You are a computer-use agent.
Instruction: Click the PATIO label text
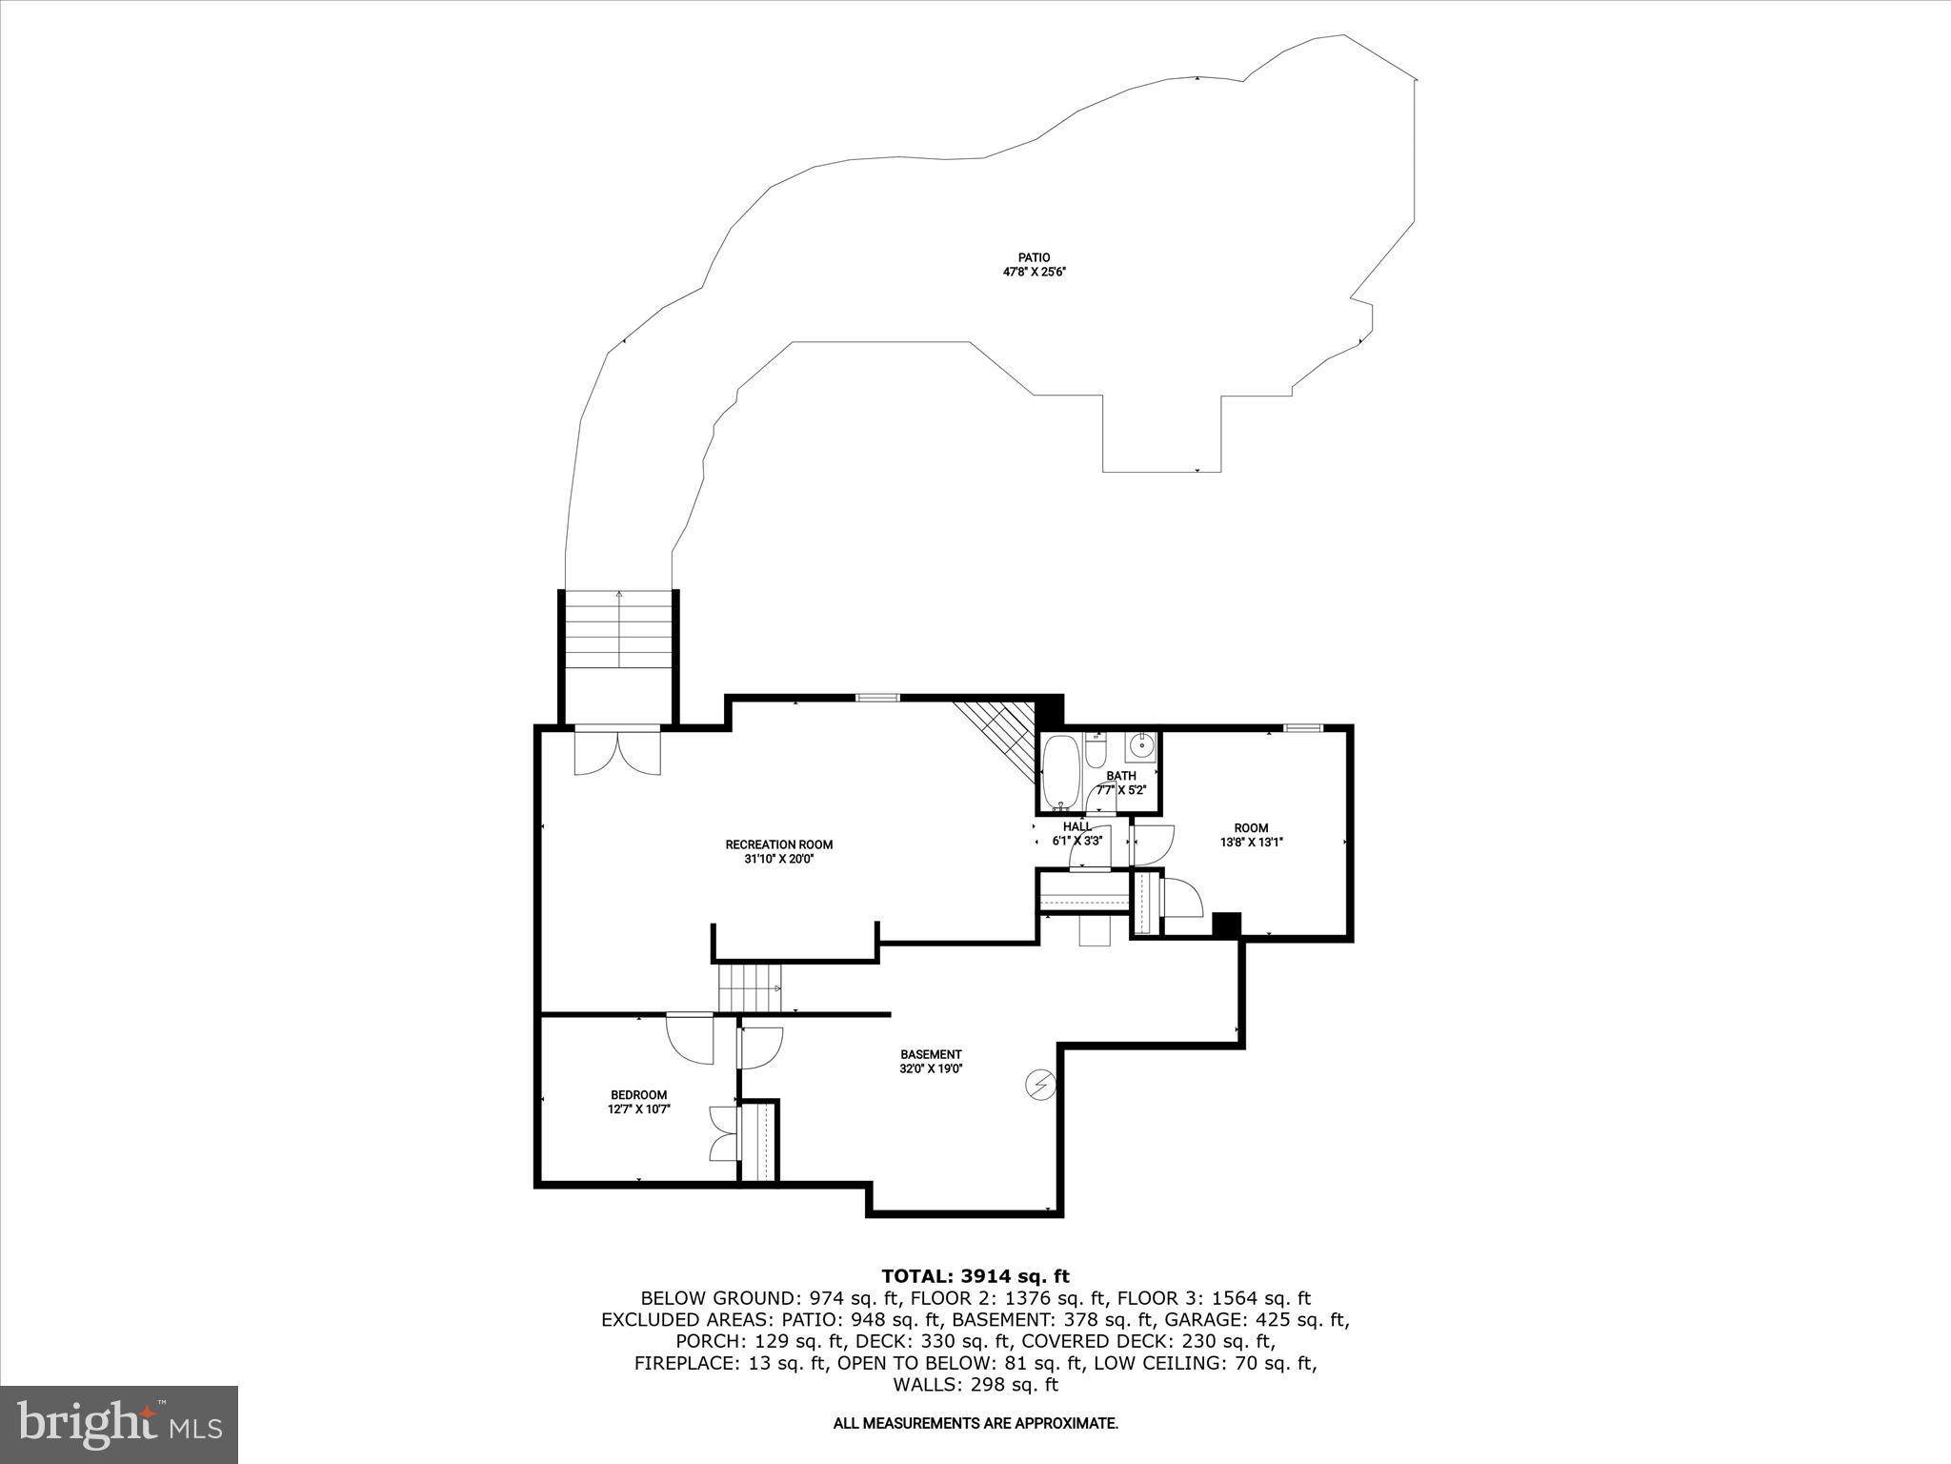coord(1034,257)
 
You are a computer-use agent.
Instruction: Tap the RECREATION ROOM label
coord(778,844)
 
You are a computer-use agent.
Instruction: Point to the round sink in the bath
coord(1140,744)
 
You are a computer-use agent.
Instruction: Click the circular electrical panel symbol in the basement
coord(1040,1084)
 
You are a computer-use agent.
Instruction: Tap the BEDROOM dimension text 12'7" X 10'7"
coord(639,1109)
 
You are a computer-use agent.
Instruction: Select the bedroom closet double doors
coord(724,1133)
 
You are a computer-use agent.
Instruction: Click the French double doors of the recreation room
coord(617,752)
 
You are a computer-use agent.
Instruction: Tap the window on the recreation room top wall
coord(877,698)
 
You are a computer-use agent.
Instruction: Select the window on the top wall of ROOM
coord(1302,728)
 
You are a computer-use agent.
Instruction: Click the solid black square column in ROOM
coord(1226,925)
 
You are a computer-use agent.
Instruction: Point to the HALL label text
coord(1077,826)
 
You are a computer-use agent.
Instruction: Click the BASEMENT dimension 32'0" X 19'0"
coord(931,1069)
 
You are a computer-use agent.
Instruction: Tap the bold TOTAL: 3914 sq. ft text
coord(975,1276)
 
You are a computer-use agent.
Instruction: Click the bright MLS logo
coord(119,1424)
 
